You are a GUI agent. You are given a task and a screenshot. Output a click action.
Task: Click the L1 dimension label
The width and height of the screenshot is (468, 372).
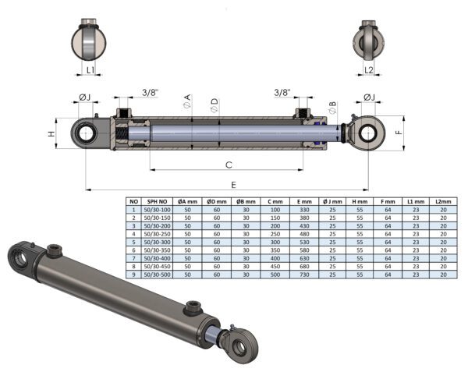90,70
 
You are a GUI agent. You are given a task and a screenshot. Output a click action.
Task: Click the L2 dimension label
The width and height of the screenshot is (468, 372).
369,70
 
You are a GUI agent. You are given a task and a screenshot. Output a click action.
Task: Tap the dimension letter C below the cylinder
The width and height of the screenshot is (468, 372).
229,165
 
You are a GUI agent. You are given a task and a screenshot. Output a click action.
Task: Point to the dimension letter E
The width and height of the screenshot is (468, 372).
233,185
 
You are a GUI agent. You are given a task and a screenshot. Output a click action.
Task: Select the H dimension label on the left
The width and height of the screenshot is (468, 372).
52,134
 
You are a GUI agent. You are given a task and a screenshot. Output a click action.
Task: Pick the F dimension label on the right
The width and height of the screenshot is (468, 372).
399,133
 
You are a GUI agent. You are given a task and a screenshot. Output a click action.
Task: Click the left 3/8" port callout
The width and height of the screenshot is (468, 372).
150,93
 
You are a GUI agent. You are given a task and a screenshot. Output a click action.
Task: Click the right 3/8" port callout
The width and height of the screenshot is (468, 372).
282,93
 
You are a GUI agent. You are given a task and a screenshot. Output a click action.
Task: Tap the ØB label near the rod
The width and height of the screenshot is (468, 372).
332,108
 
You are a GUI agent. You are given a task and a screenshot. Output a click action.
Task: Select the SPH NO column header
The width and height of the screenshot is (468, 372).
157,202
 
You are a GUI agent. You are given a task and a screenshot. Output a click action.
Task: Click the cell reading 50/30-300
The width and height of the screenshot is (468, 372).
157,243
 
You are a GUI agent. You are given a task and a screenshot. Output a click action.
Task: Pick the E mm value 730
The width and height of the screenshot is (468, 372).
304,275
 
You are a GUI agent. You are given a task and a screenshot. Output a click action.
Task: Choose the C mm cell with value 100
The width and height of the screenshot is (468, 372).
275,210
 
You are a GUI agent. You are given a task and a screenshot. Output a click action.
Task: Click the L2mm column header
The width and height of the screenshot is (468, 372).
443,202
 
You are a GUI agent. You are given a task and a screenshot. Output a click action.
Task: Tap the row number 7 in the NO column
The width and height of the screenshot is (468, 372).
133,258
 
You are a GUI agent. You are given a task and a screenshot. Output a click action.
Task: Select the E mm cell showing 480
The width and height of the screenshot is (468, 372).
304,234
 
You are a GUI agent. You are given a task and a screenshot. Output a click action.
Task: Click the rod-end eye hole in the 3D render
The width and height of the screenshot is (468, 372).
239,348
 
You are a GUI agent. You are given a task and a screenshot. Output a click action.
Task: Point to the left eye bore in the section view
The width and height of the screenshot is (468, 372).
87,133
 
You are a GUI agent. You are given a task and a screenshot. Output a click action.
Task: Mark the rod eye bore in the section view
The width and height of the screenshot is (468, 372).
369,133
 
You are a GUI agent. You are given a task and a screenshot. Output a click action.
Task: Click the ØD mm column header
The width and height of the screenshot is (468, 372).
217,202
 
